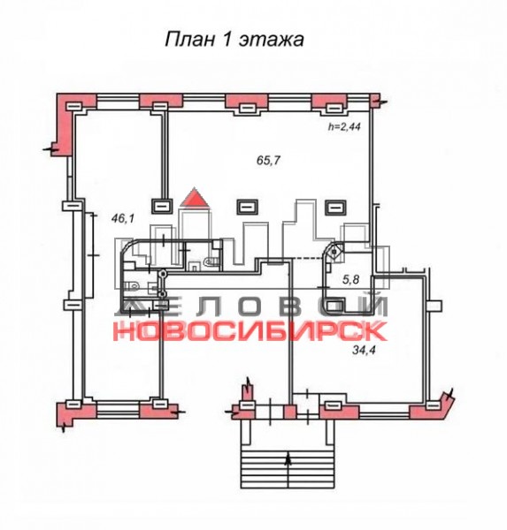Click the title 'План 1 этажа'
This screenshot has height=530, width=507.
point(234,39)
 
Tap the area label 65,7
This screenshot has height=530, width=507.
point(269,160)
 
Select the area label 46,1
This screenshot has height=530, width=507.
point(123,219)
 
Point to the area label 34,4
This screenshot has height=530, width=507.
point(365,350)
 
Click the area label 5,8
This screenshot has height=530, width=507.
point(351,280)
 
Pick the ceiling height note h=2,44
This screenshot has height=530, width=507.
point(344,127)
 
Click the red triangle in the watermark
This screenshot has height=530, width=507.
point(195,197)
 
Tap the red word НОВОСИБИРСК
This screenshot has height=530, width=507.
point(250,331)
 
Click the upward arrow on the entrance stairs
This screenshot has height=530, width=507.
point(288,460)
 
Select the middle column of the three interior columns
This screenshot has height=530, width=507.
point(247,206)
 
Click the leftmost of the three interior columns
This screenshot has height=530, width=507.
point(162,206)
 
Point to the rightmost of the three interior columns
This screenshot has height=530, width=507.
point(335,207)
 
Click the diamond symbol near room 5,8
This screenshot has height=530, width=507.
point(335,252)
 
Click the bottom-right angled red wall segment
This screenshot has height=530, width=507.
point(433,408)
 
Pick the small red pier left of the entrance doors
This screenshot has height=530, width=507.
point(289,412)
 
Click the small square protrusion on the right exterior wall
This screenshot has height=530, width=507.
point(434,306)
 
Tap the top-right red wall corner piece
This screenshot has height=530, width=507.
point(374,101)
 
